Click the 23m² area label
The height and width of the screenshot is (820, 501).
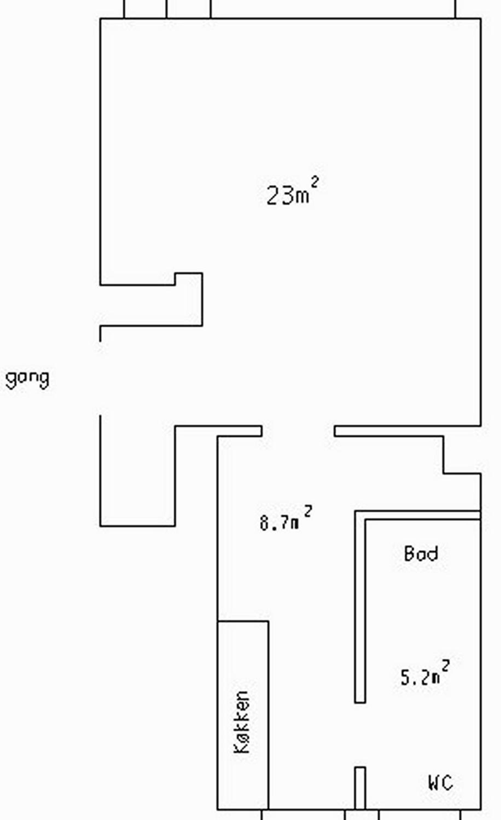coord(293,191)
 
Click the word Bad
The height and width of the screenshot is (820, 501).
coord(421,554)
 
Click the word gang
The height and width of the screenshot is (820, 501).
coord(27,379)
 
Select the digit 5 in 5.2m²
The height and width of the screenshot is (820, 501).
coord(406,678)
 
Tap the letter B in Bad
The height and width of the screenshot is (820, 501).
coord(409,554)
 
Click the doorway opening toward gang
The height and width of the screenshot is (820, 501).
coord(100,378)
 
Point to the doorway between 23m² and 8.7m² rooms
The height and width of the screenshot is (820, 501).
coord(298,430)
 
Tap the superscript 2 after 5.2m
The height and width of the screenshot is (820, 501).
coord(446,664)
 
